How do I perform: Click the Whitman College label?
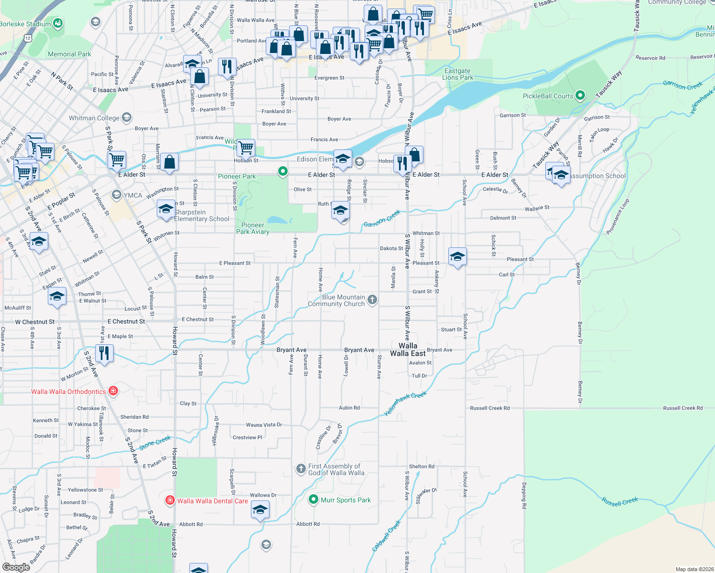click(x=94, y=118)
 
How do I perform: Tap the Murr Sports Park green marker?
click(x=314, y=499)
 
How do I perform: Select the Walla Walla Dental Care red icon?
click(x=170, y=500)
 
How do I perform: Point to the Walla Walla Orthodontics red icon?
click(x=113, y=391)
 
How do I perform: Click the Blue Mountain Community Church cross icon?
click(x=372, y=300)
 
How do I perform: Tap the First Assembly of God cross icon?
click(x=301, y=469)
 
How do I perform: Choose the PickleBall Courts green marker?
click(x=580, y=95)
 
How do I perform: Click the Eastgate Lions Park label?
click(x=457, y=74)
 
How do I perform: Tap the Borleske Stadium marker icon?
click(x=58, y=23)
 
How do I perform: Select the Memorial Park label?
click(x=69, y=54)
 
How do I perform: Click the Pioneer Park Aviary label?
click(x=253, y=228)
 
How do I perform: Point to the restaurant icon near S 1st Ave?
click(x=104, y=353)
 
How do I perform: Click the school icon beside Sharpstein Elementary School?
click(x=166, y=209)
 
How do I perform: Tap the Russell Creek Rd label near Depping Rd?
click(x=490, y=408)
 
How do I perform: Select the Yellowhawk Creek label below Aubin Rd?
click(x=405, y=403)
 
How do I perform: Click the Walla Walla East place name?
click(x=408, y=350)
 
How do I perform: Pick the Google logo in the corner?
click(x=16, y=567)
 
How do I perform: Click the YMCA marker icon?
click(x=116, y=195)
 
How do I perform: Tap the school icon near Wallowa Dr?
click(x=260, y=510)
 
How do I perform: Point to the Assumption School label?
click(x=598, y=176)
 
